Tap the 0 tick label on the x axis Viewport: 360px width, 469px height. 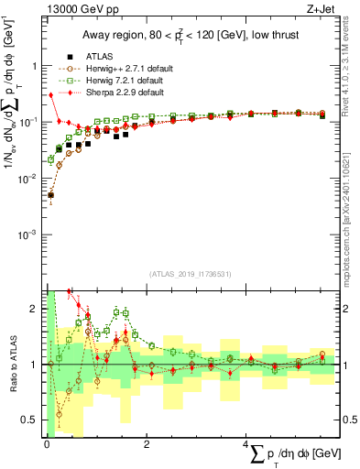coord(46,444)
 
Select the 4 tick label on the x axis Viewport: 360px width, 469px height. coord(245,444)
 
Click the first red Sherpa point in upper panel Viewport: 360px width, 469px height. coord(50,95)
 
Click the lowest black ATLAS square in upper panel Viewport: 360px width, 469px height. coord(50,195)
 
